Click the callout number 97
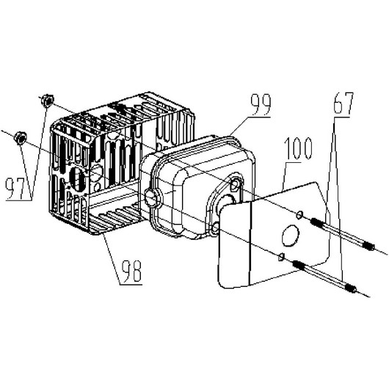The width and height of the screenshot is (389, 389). coord(15,189)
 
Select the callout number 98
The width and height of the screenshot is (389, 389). coord(131,271)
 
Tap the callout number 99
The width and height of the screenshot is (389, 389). coord(261,104)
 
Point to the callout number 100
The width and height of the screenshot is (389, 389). coord(298,148)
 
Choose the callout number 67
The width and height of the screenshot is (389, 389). coord(343,103)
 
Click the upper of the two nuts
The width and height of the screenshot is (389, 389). coord(48,101)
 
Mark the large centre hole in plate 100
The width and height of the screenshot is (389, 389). coord(290,236)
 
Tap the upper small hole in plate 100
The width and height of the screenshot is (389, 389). coord(299,215)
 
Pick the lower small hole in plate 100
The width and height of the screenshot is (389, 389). coord(282,257)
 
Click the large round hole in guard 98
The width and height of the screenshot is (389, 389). coord(78,178)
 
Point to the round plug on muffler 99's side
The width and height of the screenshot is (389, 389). coord(151,197)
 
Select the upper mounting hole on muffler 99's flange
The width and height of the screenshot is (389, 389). coord(235,184)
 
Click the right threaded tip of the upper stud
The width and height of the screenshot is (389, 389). coord(368,247)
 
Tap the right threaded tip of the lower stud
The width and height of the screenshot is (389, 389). coord(352,288)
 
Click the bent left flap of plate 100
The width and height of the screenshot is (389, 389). coord(234,244)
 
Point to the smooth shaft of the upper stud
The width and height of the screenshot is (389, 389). coord(342,234)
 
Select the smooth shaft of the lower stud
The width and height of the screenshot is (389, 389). coord(325,277)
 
